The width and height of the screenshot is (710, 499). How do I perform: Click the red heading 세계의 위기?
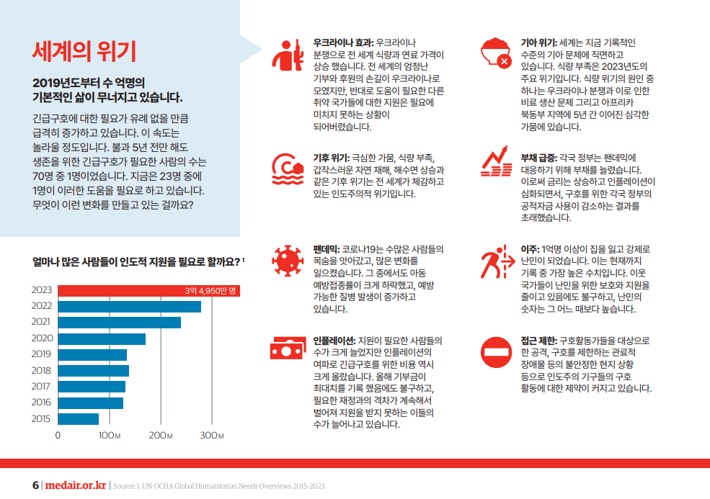[84, 51]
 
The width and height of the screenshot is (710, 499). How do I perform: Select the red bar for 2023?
[148, 290]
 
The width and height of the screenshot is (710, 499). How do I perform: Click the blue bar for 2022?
[129, 306]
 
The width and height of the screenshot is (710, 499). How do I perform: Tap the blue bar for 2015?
[78, 418]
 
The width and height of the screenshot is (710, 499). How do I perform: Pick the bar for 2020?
[102, 338]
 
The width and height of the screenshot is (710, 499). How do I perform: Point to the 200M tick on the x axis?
[159, 436]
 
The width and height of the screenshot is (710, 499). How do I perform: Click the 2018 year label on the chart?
[42, 370]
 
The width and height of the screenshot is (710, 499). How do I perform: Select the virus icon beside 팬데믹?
[288, 259]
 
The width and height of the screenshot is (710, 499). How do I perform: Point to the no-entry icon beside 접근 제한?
[496, 351]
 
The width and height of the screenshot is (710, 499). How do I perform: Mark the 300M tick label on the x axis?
[211, 436]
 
